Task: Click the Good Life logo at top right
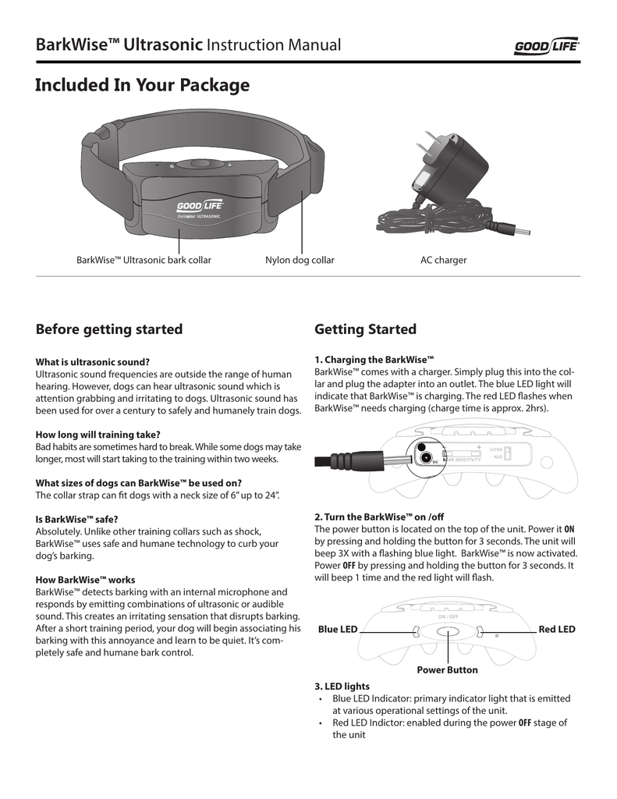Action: [x=546, y=48]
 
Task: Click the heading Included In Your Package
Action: [x=143, y=86]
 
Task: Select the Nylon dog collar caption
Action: [x=300, y=260]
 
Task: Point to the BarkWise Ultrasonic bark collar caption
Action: [x=144, y=260]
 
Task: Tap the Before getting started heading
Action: [x=109, y=329]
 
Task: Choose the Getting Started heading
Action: [x=365, y=329]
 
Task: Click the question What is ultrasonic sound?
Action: [x=93, y=361]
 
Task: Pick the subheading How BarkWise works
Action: [x=86, y=580]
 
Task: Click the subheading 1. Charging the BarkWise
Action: [x=374, y=360]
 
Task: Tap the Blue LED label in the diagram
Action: [x=337, y=629]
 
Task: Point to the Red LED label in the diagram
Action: [x=557, y=629]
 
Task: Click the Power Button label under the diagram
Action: [x=447, y=670]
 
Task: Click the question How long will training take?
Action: [x=98, y=434]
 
